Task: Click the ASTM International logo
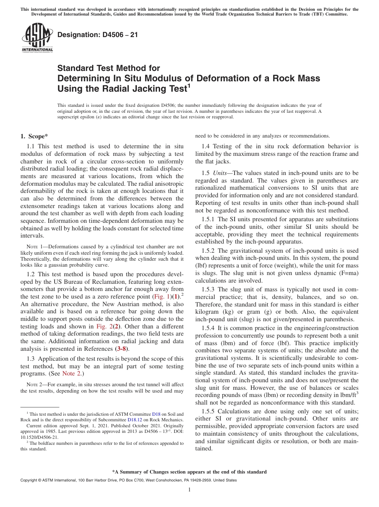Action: point(37,37)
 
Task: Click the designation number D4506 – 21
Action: point(98,35)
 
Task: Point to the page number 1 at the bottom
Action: point(189,490)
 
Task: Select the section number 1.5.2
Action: point(210,251)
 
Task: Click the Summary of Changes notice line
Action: point(189,472)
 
